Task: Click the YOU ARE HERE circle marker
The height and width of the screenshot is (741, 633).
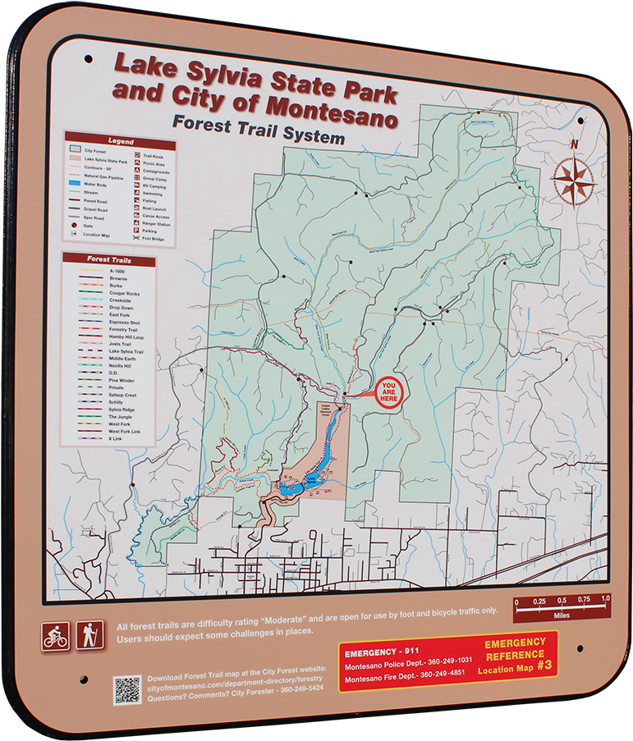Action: pos(389,392)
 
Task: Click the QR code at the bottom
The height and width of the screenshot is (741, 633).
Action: pos(127,689)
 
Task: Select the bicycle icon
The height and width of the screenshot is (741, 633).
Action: pos(56,636)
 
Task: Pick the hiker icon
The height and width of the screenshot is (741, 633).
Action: pos(89,634)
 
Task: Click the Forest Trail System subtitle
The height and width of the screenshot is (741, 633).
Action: pos(258,131)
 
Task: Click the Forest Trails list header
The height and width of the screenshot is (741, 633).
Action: pos(109,260)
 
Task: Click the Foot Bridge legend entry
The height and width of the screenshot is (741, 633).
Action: pos(154,239)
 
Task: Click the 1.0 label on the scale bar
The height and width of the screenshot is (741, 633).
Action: pos(605,600)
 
